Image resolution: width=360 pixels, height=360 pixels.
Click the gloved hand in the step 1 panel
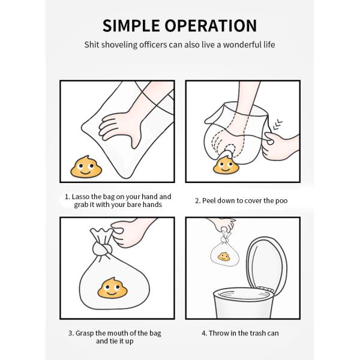120,127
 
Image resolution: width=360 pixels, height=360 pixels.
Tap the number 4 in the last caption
203,333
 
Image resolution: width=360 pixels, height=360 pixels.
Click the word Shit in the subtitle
92,45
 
